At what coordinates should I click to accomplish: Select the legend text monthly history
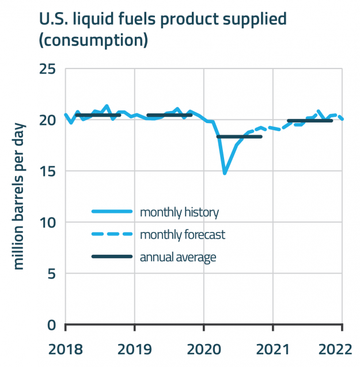pyautogui.click(x=179, y=212)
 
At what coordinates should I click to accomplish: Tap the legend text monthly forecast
pyautogui.click(x=182, y=235)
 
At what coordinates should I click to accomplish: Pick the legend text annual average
pyautogui.click(x=178, y=257)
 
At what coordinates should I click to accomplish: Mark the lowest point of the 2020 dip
pyautogui.click(x=225, y=173)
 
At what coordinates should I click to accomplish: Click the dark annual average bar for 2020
pyautogui.click(x=239, y=137)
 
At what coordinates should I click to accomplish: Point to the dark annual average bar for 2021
pyautogui.click(x=309, y=121)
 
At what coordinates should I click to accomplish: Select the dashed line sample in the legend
pyautogui.click(x=112, y=235)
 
